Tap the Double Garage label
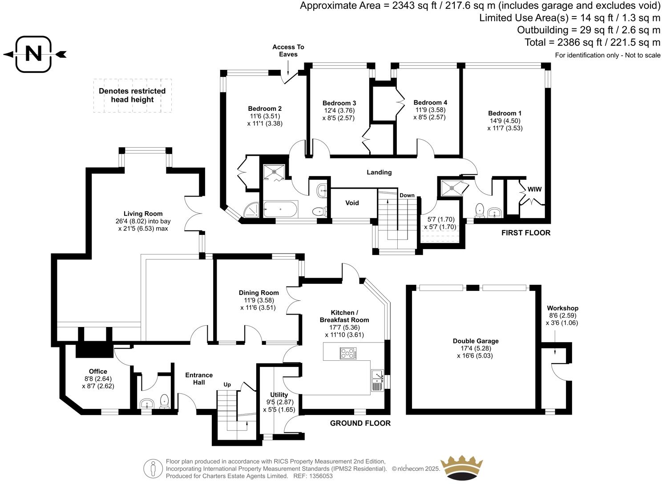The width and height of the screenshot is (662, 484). point(475,341)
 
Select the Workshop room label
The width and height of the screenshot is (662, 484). point(562,308)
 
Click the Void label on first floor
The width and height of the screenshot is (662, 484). point(352,203)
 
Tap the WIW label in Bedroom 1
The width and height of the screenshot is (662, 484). point(535,189)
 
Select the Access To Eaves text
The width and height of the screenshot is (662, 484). point(288,50)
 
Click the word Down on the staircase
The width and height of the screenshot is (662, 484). point(407,195)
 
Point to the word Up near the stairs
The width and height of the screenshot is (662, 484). point(227,384)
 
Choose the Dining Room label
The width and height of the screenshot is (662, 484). point(258,293)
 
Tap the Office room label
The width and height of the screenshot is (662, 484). point(98,371)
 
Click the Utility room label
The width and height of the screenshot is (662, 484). point(279,395)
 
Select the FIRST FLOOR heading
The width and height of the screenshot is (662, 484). point(525,233)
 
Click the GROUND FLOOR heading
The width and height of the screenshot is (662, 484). point(360,423)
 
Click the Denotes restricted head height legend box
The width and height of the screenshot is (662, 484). point(132,96)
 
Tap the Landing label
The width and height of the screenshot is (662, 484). point(379,172)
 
